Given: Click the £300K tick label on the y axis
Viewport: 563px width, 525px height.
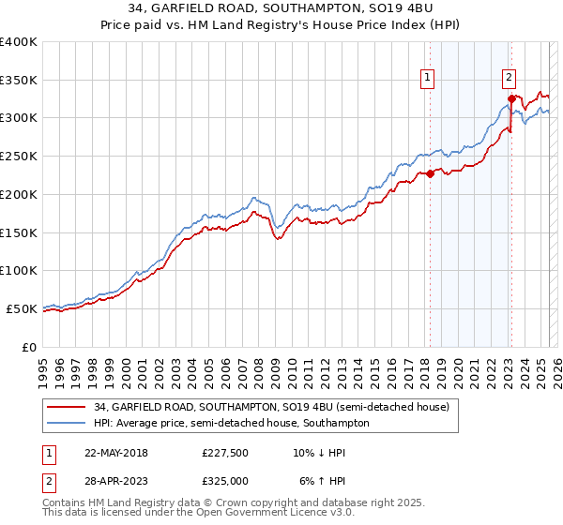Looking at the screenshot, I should pyautogui.click(x=19, y=118).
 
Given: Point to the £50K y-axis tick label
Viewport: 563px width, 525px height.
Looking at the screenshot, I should pyautogui.click(x=22, y=308).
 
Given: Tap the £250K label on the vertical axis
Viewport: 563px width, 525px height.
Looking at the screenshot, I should pyautogui.click(x=19, y=157).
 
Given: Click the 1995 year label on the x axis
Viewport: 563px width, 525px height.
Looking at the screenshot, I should pyautogui.click(x=42, y=367).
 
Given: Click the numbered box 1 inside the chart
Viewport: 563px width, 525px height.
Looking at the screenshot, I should pyautogui.click(x=428, y=78).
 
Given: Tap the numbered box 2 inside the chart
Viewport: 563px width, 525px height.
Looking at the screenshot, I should pyautogui.click(x=509, y=78).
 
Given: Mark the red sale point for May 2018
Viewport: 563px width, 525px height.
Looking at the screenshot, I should pyautogui.click(x=430, y=173).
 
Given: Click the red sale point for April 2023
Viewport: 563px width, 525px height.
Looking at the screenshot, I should pyautogui.click(x=511, y=98).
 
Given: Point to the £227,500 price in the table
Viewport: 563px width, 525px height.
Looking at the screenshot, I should pyautogui.click(x=225, y=452).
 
